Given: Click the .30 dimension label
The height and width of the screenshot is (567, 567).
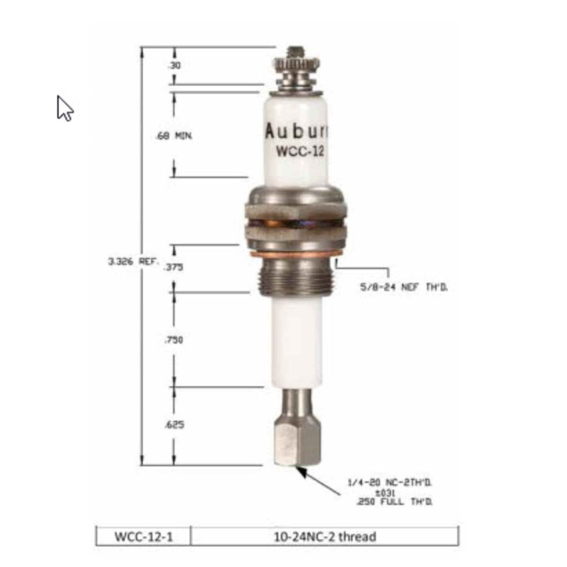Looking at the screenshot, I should coord(174,66).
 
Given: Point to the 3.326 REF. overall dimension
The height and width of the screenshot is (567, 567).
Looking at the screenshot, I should coord(133,261).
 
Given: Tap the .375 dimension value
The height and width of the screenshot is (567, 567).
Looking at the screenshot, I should coord(173,267).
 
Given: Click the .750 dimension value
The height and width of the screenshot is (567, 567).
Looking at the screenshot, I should coord(173,340).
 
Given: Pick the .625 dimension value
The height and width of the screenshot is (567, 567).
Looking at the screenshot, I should coord(174,425).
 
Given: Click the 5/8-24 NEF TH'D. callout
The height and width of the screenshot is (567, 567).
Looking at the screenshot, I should coord(404,287).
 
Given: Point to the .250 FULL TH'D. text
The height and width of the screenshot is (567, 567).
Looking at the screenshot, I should coord(394,502).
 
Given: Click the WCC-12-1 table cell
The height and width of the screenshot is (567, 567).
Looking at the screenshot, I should coord(143,536).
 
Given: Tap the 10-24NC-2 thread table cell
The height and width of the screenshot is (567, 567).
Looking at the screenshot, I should coord(325,536).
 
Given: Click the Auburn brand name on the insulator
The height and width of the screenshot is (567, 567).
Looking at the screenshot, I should coord(296,131).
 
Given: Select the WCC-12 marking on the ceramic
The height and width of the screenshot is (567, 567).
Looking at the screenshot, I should coord(300,151).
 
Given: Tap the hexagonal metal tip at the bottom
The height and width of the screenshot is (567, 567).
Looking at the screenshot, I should coord(297,441).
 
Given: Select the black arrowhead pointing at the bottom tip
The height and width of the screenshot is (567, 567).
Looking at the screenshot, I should coord(302,472).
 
